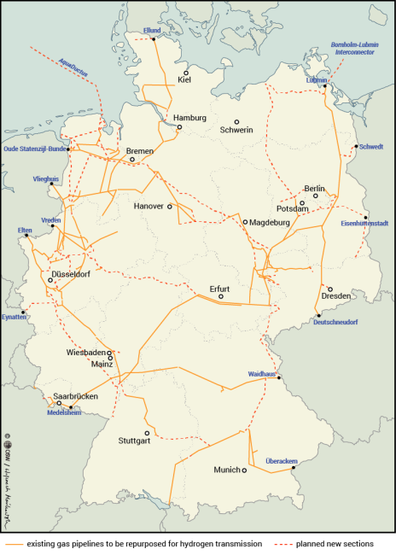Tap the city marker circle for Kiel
coord(185,73)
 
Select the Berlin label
coord(315,188)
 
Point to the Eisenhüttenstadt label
coord(364,223)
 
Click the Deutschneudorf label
coord(335,322)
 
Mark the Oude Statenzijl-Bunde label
coord(35,148)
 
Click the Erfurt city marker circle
coord(220,296)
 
